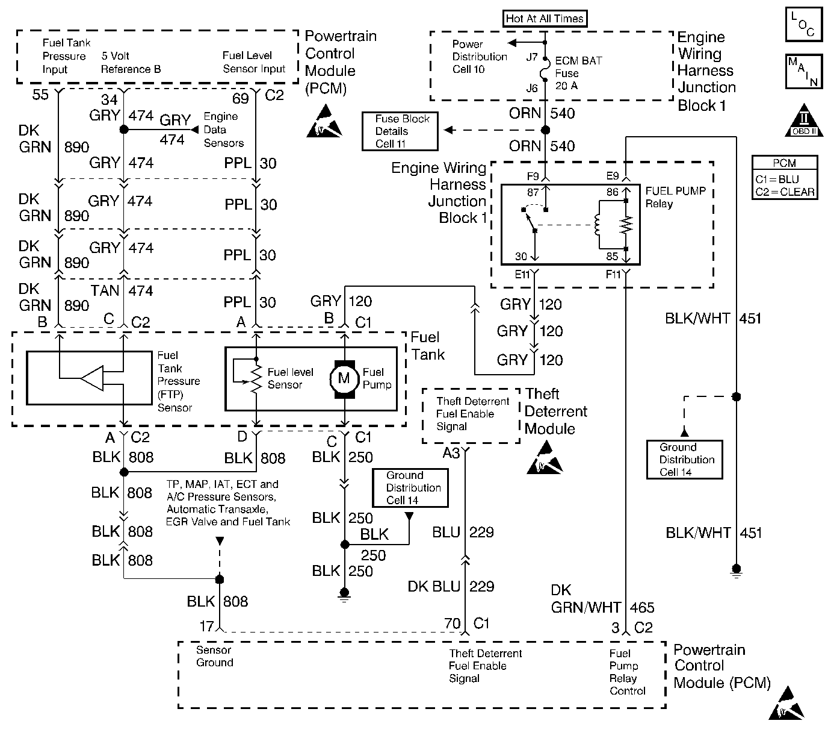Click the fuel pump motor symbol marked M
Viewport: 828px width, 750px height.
tap(344, 379)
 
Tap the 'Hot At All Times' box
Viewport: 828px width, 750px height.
tap(545, 19)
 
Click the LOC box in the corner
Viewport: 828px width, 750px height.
tap(803, 25)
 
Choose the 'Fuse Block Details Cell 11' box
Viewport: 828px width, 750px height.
tap(400, 131)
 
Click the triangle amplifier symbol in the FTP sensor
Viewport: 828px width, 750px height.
tap(92, 379)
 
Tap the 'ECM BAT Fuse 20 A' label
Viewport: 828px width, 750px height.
tap(578, 73)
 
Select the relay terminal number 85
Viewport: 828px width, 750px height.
tap(612, 257)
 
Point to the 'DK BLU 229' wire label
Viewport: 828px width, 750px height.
tap(451, 586)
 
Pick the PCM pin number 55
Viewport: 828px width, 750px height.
tap(40, 95)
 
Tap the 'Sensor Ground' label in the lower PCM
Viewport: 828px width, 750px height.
tap(214, 657)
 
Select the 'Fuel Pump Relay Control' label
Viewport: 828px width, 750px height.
tap(627, 672)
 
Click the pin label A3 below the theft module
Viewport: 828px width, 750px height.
tap(451, 452)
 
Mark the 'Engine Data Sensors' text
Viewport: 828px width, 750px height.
tap(223, 130)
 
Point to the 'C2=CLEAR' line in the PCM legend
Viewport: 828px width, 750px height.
tap(785, 192)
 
